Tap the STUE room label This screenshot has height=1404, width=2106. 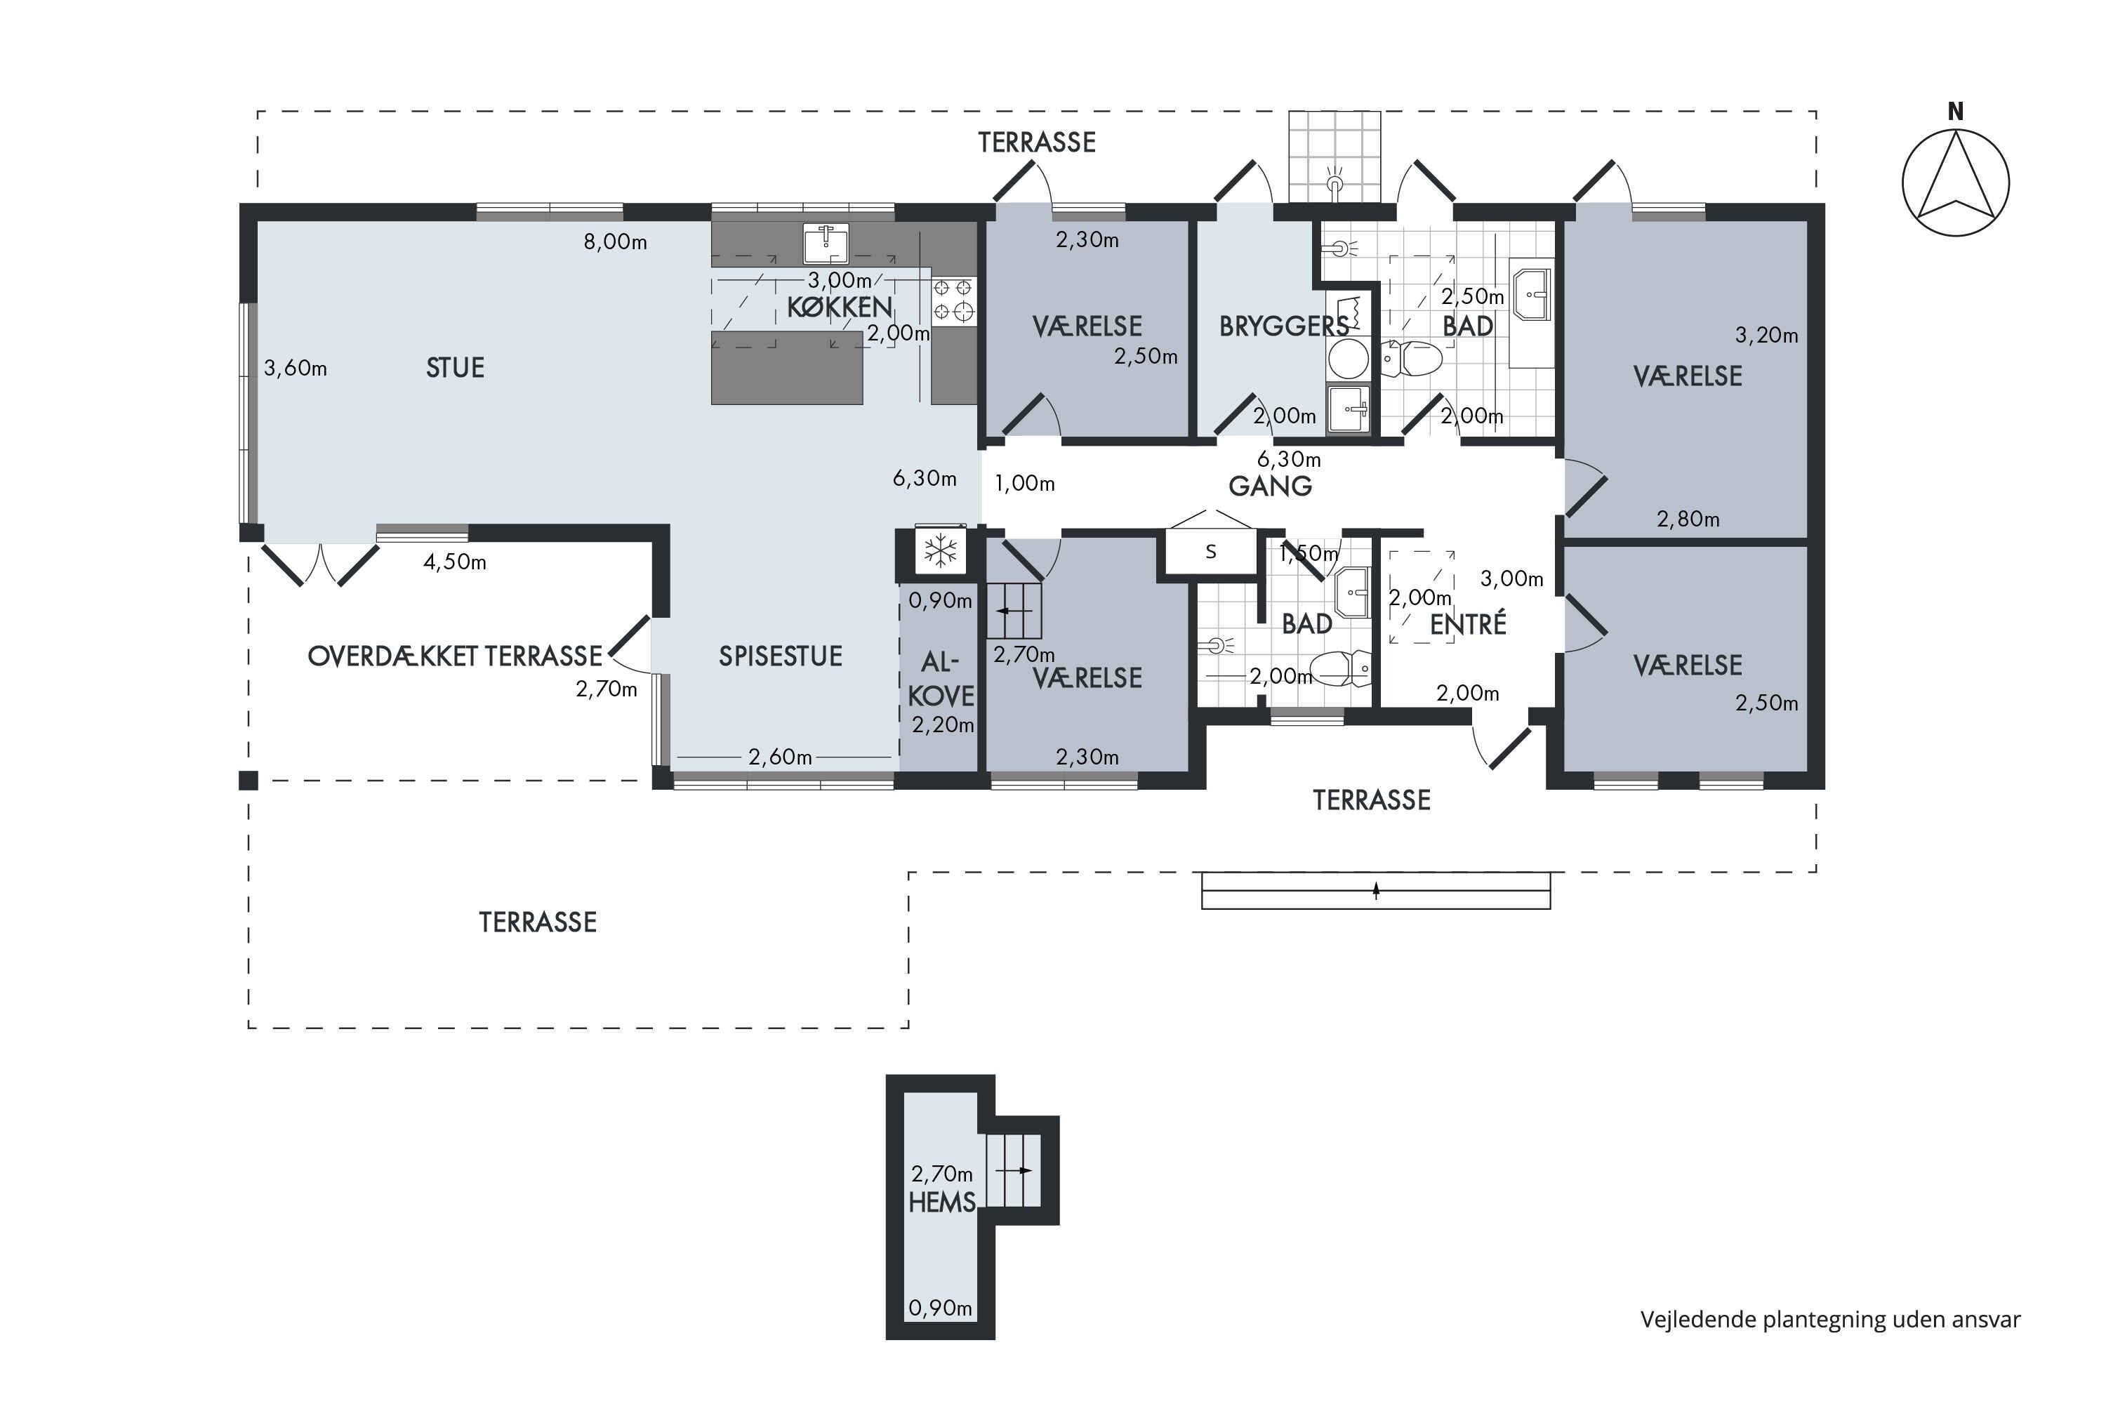(455, 368)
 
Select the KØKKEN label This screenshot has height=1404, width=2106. (839, 308)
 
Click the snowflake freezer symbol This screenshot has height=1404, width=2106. (940, 550)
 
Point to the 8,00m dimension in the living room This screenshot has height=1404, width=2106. (615, 241)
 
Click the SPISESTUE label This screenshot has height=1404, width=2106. (780, 656)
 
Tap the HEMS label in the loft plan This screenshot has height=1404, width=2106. (941, 1203)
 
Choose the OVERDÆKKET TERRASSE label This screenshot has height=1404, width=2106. (455, 656)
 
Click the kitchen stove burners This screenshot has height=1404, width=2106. (953, 300)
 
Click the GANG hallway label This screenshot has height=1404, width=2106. (1270, 486)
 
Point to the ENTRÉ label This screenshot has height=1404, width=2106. (1468, 624)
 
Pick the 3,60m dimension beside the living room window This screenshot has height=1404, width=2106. (296, 368)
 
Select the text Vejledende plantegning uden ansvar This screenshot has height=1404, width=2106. (1830, 1320)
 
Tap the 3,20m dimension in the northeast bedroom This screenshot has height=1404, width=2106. (1766, 336)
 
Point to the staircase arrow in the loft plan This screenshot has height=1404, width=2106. (1014, 1170)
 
